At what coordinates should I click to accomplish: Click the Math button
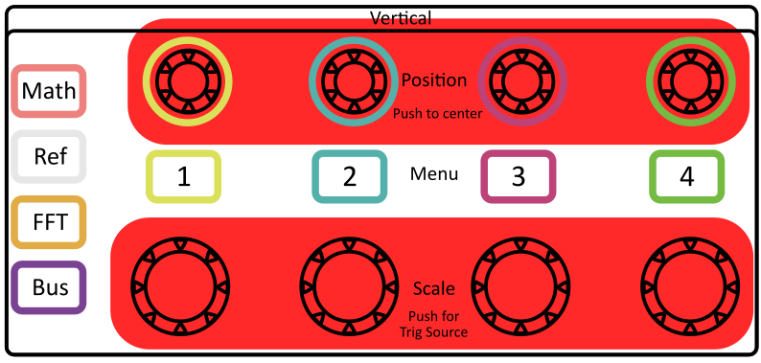tap(49, 91)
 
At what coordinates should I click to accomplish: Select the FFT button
tap(49, 222)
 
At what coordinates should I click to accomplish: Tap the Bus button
tap(49, 287)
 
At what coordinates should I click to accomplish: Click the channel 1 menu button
tap(183, 176)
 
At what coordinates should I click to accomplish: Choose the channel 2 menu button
tap(350, 176)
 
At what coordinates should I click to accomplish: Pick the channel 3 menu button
tap(519, 176)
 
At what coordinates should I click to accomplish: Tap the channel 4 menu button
tap(686, 176)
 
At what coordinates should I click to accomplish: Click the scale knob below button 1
tap(181, 284)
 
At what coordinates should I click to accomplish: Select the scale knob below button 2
tap(349, 284)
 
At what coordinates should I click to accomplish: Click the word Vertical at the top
tap(401, 18)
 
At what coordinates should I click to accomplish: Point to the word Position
tap(434, 80)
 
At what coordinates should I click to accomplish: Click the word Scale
tap(433, 288)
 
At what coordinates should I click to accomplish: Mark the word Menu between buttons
tap(434, 175)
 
